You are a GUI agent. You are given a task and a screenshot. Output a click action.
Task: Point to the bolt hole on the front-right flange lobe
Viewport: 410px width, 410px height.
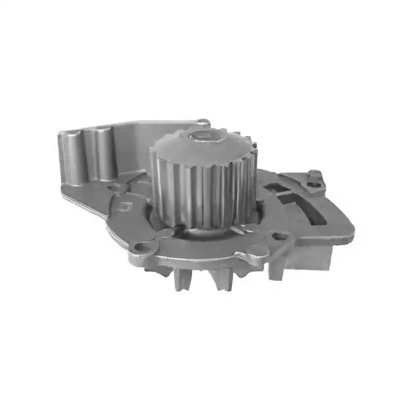click(280, 237)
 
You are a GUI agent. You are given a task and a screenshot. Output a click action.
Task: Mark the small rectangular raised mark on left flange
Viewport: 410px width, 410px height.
click(124, 206)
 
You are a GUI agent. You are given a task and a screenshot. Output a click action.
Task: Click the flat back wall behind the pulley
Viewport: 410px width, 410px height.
click(135, 146)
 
